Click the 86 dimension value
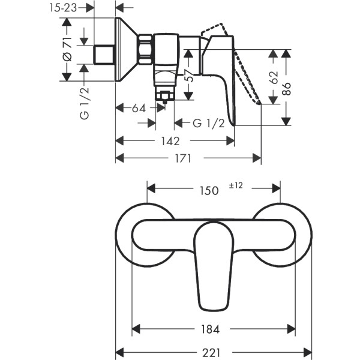coord(287,89)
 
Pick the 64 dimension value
coord(139,109)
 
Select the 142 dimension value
coord(170,141)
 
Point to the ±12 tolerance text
coord(235,186)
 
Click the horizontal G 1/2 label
coord(208,124)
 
